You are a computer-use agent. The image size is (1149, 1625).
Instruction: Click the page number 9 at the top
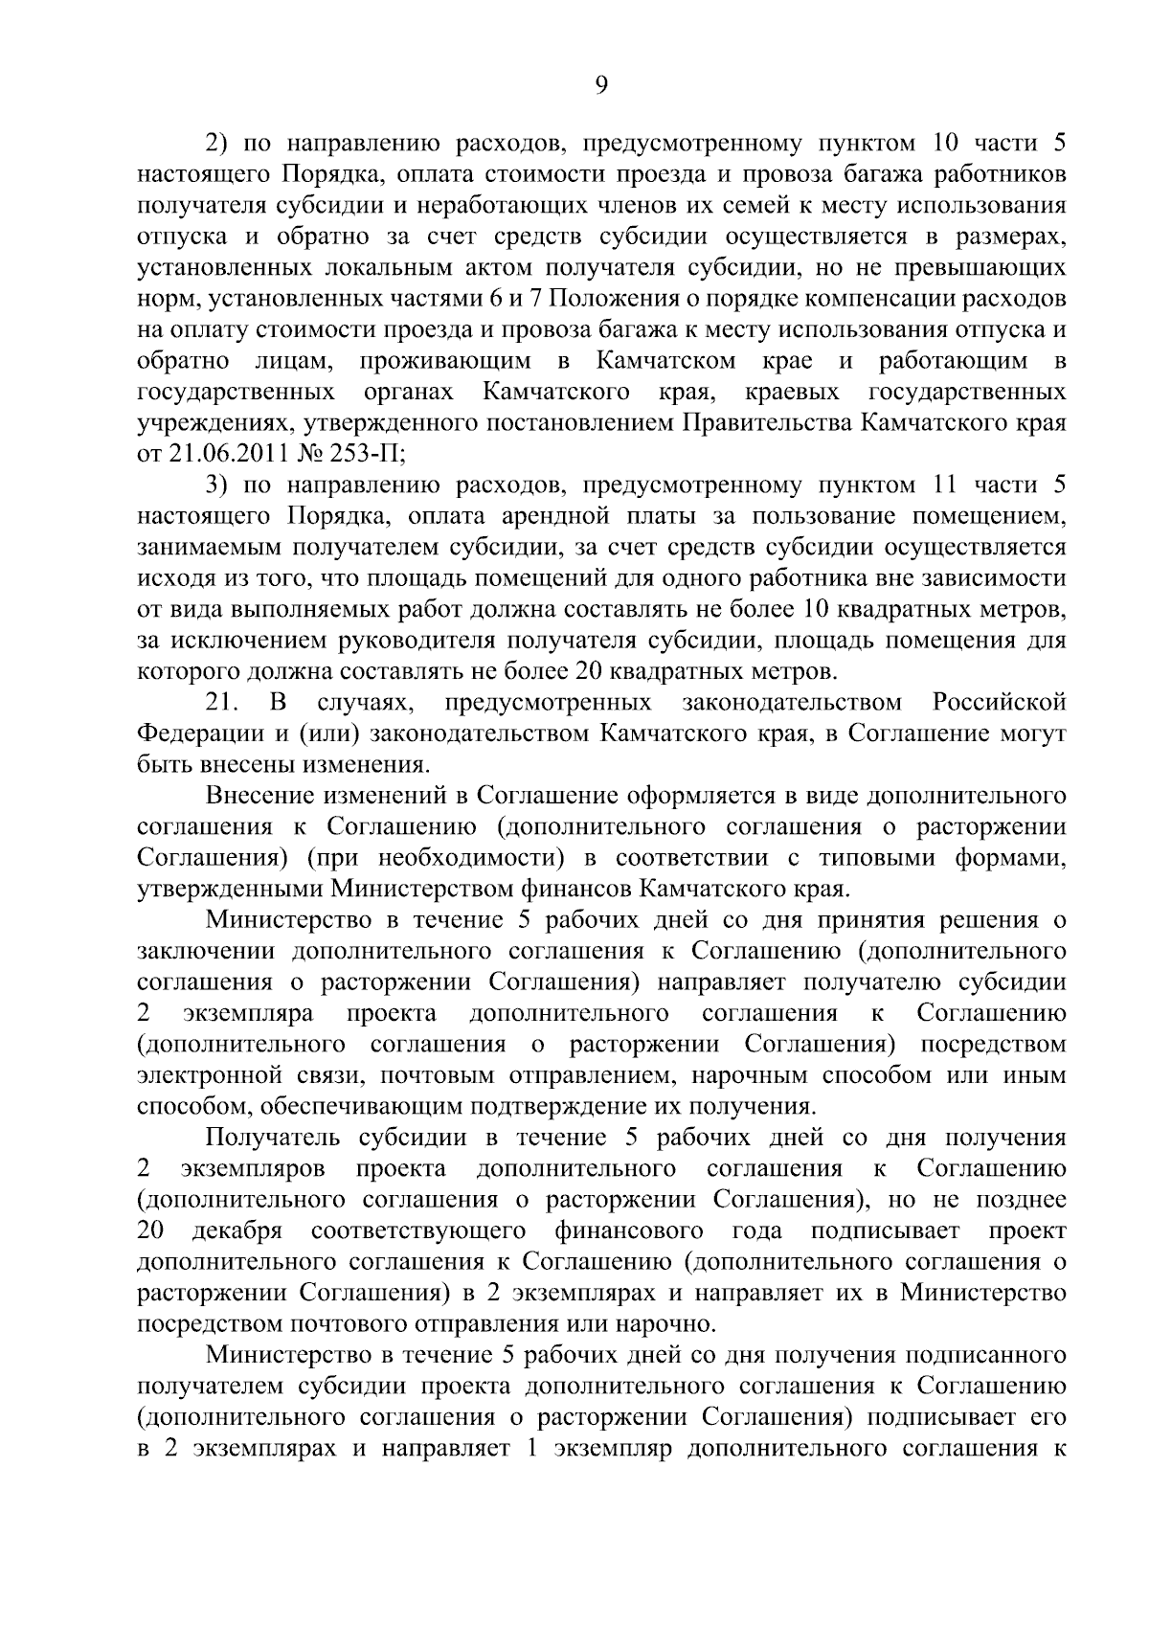pos(600,85)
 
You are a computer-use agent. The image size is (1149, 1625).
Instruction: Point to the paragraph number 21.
pos(221,703)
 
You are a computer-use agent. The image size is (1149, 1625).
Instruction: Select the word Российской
pos(999,703)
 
